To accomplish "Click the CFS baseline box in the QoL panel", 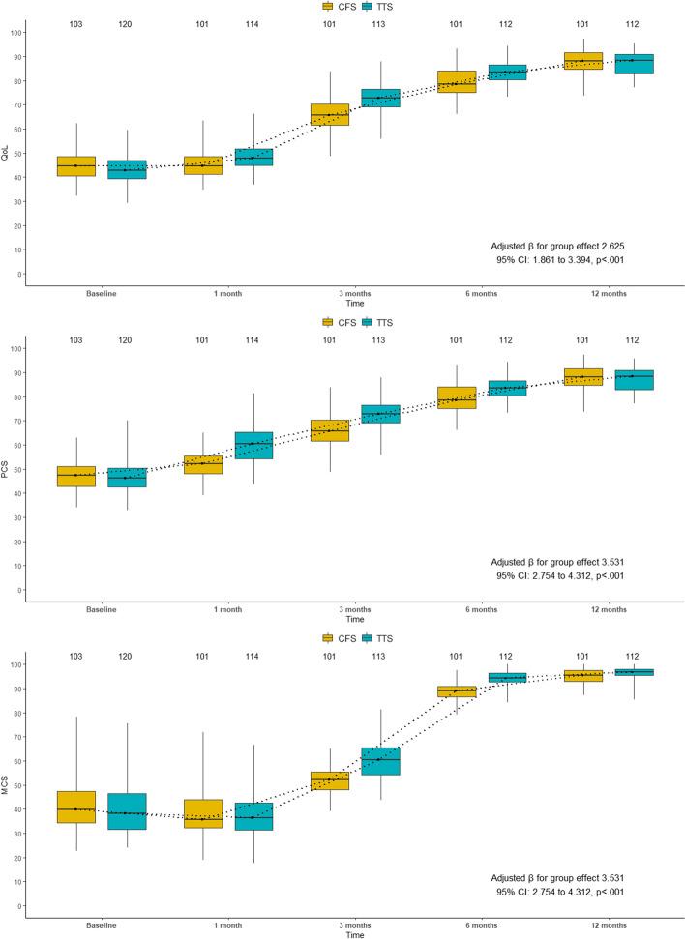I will pos(75,165).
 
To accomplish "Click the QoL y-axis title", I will pos(7,153).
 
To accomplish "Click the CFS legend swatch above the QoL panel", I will pos(328,7).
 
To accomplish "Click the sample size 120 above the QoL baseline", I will pos(125,24).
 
